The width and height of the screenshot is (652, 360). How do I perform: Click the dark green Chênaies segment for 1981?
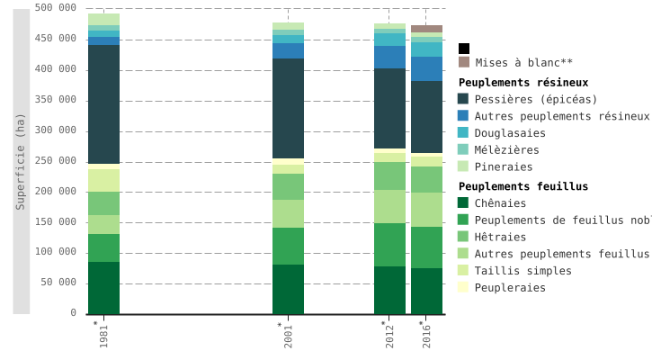tap(103, 288)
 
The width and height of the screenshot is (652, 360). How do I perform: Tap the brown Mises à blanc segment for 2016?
tap(426, 29)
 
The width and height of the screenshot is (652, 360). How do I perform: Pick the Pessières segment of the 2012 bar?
tap(389, 108)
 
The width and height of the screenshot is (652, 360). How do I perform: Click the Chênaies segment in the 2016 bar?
tap(426, 291)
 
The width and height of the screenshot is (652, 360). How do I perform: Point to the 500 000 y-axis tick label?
tap(56, 8)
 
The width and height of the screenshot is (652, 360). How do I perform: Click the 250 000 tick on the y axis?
tap(56, 161)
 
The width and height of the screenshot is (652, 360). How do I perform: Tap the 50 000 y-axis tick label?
tap(58, 283)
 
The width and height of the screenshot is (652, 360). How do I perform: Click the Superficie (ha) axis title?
tap(21, 162)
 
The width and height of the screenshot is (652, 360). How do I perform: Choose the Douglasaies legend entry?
tap(510, 133)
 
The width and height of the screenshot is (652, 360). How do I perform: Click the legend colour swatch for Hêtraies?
tap(463, 237)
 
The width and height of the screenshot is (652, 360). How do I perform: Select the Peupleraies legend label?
tap(510, 288)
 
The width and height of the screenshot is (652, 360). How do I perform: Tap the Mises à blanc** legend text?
tap(523, 63)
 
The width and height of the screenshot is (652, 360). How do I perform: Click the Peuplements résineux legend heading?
tap(523, 83)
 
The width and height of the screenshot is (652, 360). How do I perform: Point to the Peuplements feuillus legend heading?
tap(523, 186)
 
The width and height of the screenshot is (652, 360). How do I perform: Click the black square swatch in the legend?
tap(463, 49)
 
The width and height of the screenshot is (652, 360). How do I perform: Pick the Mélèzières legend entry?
tap(507, 150)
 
